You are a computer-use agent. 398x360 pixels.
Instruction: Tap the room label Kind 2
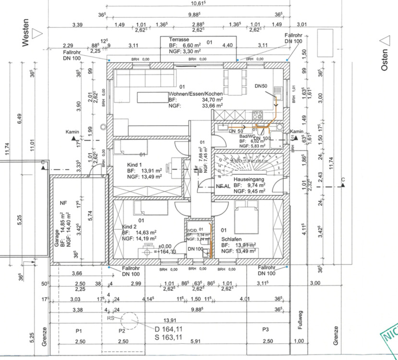[x=130, y=226]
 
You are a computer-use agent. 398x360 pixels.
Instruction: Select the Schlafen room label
[x=231, y=239]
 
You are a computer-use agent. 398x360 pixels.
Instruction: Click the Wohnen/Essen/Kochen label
[x=195, y=94]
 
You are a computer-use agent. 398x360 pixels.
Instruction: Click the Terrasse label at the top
[x=179, y=39]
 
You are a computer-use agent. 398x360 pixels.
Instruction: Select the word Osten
[x=384, y=59]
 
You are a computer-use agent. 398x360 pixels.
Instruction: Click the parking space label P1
[x=79, y=331]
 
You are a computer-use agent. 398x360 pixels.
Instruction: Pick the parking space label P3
[x=265, y=330]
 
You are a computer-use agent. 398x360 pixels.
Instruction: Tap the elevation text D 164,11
[x=169, y=330]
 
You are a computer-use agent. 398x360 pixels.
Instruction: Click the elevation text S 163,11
[x=169, y=337]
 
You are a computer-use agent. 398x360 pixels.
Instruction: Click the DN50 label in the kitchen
[x=262, y=86]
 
